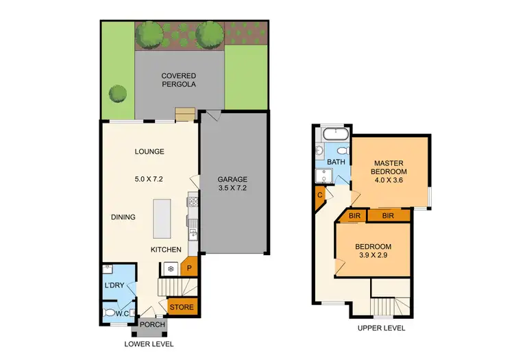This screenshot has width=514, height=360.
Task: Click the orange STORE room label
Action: (182, 307)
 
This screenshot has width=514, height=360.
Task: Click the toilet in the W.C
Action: (110, 313)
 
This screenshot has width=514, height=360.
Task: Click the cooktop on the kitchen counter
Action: (193, 202)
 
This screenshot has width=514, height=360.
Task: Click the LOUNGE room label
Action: (149, 152)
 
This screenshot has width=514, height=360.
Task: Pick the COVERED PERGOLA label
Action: (179, 80)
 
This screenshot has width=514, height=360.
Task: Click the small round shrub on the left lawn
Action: (119, 93)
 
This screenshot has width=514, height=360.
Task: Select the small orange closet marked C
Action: (320, 195)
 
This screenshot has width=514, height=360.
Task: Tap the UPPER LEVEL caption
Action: (381, 328)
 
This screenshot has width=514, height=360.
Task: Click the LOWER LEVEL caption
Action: (149, 344)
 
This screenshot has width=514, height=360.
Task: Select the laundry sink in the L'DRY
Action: (107, 269)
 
